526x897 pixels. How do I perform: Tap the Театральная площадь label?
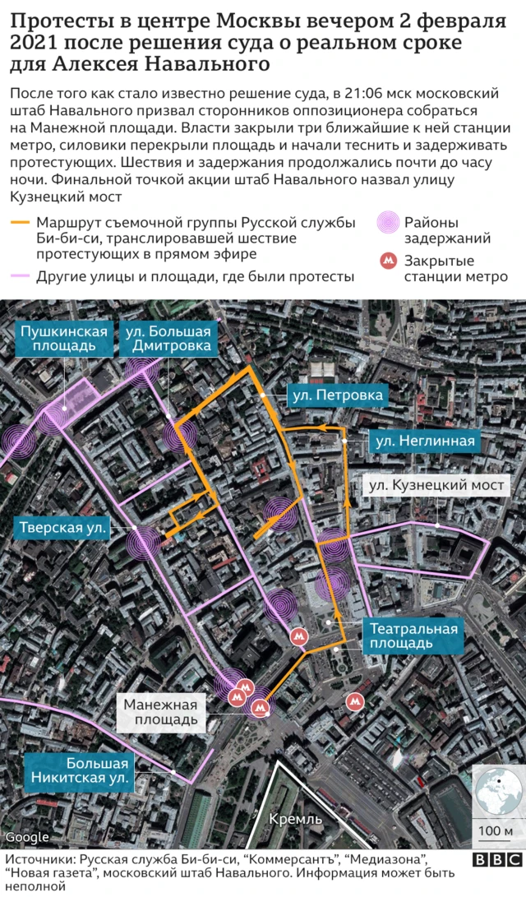coord(413,637)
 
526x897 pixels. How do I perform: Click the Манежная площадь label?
coord(161,712)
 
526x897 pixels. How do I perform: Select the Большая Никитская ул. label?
coord(76,770)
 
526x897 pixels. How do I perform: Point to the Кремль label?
coord(295,818)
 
